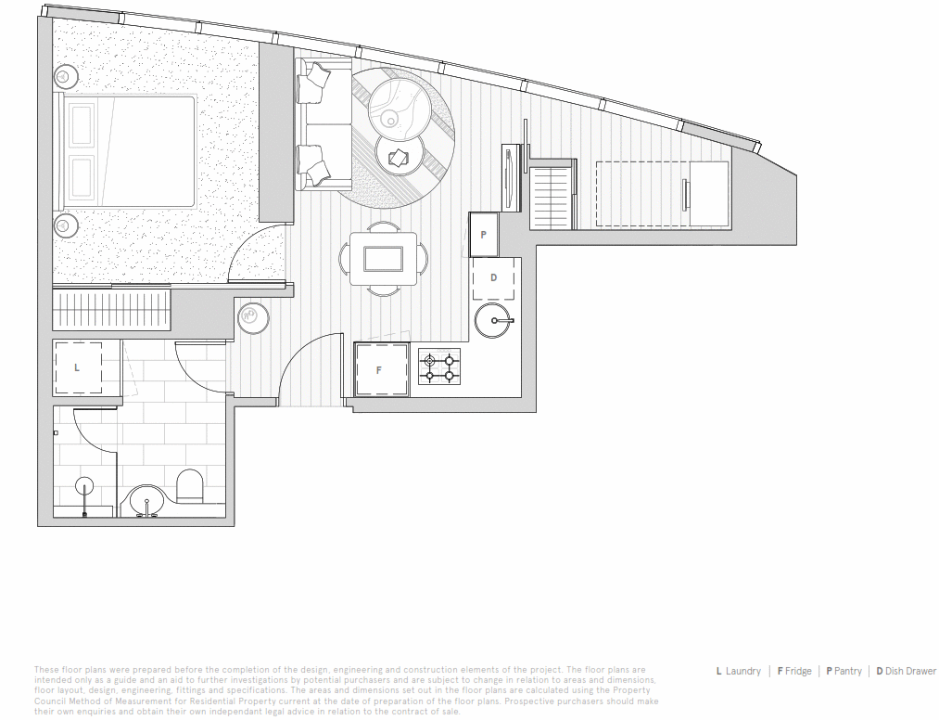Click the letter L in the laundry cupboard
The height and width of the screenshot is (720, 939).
tap(77, 367)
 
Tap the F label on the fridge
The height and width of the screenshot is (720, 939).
tap(378, 369)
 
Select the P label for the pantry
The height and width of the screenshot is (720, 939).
tap(483, 236)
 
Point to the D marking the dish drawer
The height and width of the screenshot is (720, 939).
tap(493, 277)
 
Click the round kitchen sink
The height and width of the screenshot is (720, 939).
tap(492, 321)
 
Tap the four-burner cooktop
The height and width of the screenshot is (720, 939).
tap(438, 367)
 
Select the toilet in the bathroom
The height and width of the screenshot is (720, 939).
tap(189, 486)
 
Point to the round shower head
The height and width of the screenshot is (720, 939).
tap(84, 485)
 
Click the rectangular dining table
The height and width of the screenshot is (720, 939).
tap(383, 258)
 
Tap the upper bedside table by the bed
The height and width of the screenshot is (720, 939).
tap(66, 76)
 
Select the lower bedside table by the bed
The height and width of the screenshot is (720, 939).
tap(66, 224)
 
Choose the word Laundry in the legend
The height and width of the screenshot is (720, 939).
tap(742, 671)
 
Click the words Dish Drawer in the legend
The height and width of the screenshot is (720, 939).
tap(910, 671)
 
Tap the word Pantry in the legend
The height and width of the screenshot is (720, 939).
tap(847, 671)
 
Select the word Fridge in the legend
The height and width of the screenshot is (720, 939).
tap(797, 671)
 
